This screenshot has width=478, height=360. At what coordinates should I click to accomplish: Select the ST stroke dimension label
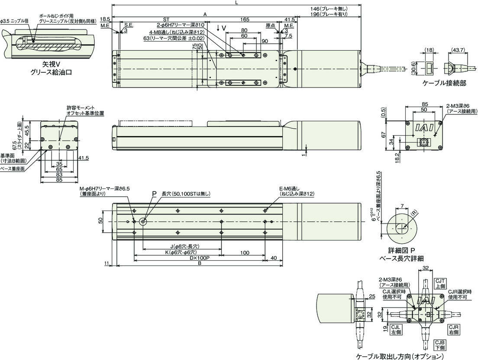(166, 19)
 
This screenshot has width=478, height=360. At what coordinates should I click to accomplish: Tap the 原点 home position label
(270, 26)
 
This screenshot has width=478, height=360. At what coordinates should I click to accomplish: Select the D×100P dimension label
(199, 257)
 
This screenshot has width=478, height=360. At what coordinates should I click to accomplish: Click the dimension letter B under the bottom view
(199, 263)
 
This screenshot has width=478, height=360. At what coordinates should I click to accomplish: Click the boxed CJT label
(440, 281)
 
